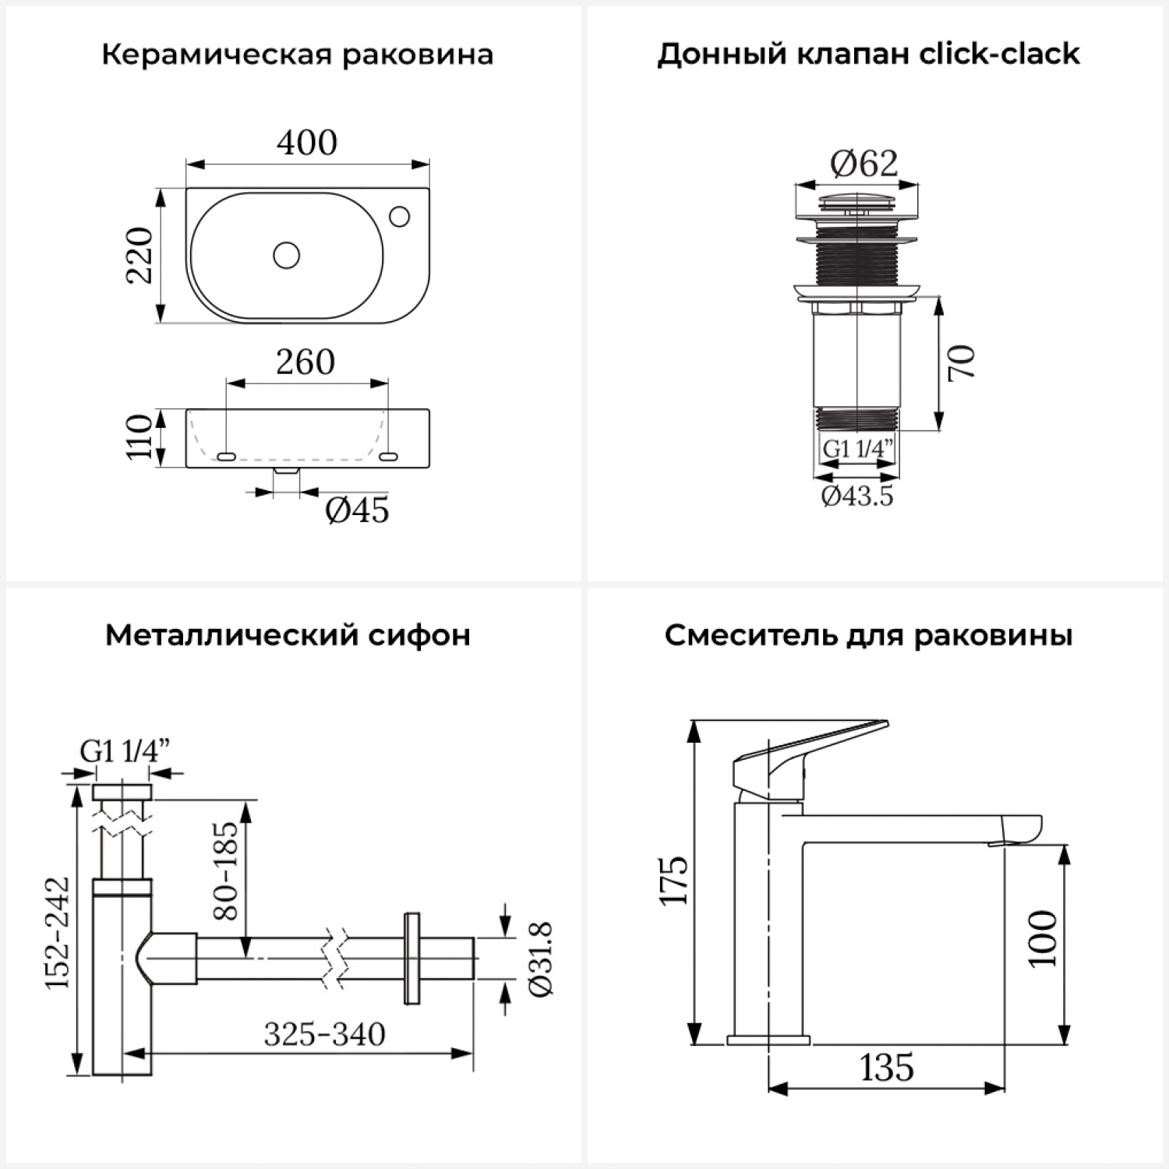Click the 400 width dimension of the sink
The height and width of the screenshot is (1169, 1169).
[308, 143]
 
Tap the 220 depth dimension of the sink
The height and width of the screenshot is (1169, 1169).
[141, 255]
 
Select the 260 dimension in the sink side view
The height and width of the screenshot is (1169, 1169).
[305, 362]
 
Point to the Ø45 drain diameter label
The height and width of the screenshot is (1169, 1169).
[357, 510]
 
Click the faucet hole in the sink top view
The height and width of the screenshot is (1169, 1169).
[400, 215]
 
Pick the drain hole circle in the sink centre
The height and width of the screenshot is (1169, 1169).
[287, 255]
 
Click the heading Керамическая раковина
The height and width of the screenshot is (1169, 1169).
[297, 55]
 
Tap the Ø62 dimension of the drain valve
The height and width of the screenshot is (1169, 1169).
[864, 164]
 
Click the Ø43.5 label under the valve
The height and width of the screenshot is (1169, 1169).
[857, 496]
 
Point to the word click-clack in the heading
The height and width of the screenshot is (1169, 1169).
[1000, 54]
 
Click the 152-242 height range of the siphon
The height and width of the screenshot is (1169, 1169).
[58, 933]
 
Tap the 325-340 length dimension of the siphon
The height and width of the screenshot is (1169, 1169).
[324, 1035]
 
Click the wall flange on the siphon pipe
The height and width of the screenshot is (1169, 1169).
[411, 958]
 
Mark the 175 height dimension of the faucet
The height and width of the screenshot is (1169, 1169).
[675, 881]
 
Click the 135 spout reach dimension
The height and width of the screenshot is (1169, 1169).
[887, 1068]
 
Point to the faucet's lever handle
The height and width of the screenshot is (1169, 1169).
[811, 744]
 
